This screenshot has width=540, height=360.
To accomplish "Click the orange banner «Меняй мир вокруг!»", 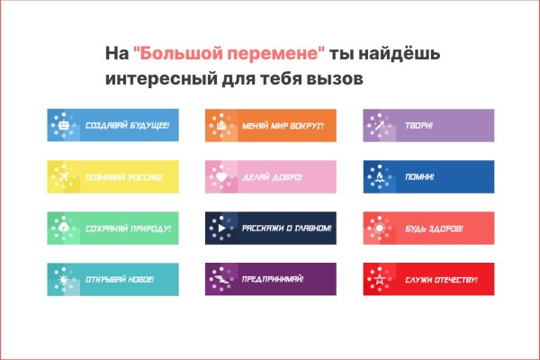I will tap(271, 125).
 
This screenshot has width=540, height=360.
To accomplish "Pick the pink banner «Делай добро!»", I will tap(271, 176).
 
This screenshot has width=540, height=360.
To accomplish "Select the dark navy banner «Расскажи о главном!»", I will tap(271, 228).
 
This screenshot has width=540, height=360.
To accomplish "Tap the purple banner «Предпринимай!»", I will tap(271, 279).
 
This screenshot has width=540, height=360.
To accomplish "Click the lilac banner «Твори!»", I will tap(428, 125).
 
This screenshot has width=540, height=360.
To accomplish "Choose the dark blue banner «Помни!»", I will tap(428, 176).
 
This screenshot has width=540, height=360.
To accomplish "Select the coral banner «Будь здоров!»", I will tap(428, 228).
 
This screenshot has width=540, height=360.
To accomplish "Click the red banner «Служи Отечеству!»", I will tap(428, 279).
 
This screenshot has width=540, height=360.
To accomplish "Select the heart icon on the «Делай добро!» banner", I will tap(221, 177).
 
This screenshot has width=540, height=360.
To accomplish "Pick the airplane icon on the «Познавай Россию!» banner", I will tap(64, 177).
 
